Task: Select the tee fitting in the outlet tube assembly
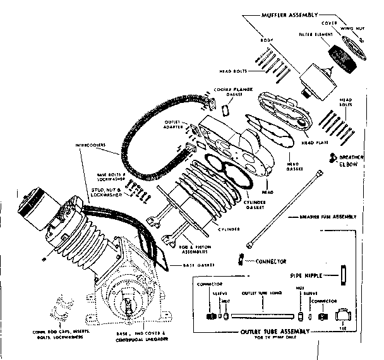click(344, 316)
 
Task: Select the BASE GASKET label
click(195, 265)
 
